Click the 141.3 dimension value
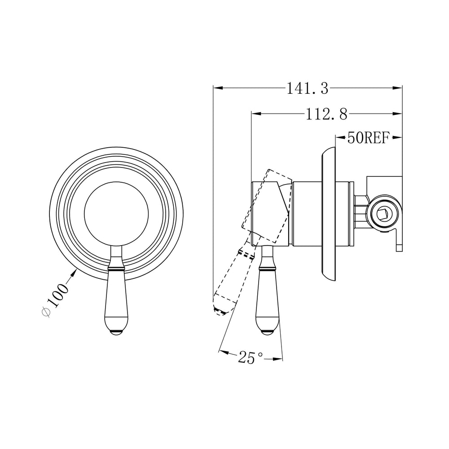point(307,88)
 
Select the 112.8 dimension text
point(326,114)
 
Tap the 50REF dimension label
point(369,138)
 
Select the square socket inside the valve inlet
point(383,214)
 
